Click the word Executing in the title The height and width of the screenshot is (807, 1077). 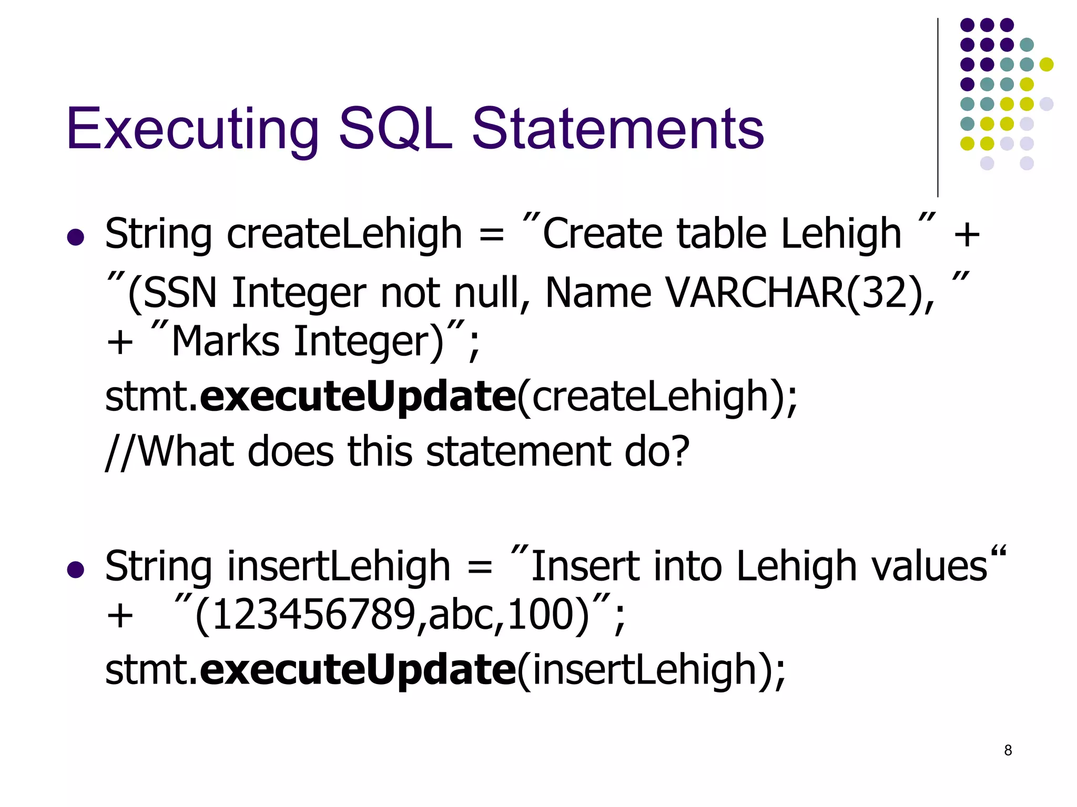(x=192, y=129)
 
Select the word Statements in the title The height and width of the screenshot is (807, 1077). (x=617, y=129)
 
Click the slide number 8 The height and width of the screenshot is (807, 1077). (x=1008, y=750)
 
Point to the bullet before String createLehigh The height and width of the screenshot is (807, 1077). (x=76, y=237)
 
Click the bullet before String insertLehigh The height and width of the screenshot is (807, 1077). (x=76, y=570)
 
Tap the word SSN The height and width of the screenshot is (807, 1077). (x=179, y=293)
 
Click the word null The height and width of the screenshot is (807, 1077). (x=492, y=293)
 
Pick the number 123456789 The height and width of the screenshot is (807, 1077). (x=313, y=615)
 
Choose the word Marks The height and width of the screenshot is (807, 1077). (x=226, y=342)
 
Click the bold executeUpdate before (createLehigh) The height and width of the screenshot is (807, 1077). (x=358, y=397)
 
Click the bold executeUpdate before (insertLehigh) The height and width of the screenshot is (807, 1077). (x=358, y=670)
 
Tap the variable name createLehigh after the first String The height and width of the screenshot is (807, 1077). (x=344, y=234)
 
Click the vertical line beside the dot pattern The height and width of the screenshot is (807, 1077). (x=938, y=108)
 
